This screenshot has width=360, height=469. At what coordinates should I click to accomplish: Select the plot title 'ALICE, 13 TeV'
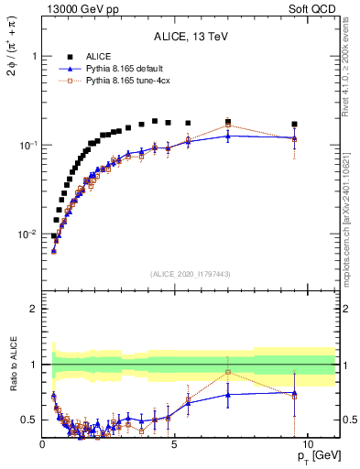tap(191, 38)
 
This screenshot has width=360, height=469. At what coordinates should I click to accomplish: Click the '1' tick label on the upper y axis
tap(34, 56)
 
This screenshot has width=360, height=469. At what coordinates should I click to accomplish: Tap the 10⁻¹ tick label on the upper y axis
tap(29, 145)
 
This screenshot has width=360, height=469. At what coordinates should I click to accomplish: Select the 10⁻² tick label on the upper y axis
tap(29, 234)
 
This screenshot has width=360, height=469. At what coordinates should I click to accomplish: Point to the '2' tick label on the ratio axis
tap(34, 309)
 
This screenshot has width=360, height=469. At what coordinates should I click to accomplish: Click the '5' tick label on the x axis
tap(175, 445)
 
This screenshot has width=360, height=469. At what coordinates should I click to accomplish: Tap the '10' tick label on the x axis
tap(307, 445)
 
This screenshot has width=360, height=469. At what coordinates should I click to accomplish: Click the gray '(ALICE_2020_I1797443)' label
tap(191, 274)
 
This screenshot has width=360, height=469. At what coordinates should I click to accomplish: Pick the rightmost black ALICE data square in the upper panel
tap(294, 124)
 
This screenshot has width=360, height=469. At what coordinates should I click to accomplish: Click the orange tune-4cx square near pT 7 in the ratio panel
tap(228, 372)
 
